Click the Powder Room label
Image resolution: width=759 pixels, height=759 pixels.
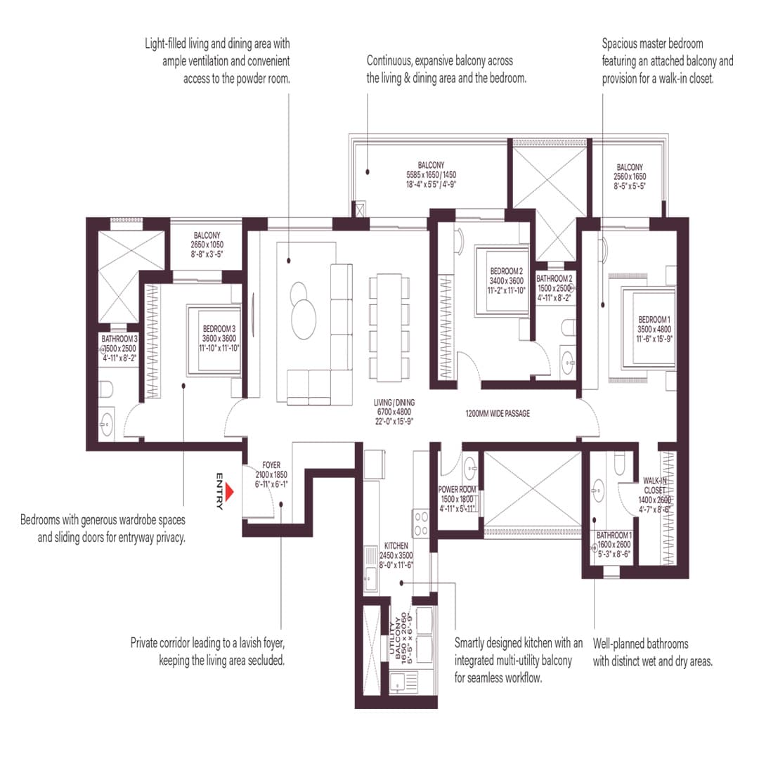pos(458,498)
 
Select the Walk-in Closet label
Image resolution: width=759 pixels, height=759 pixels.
pos(659,491)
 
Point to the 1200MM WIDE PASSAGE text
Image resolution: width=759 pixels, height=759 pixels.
pos(498,414)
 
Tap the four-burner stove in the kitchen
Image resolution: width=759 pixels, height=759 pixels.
pos(421,524)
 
